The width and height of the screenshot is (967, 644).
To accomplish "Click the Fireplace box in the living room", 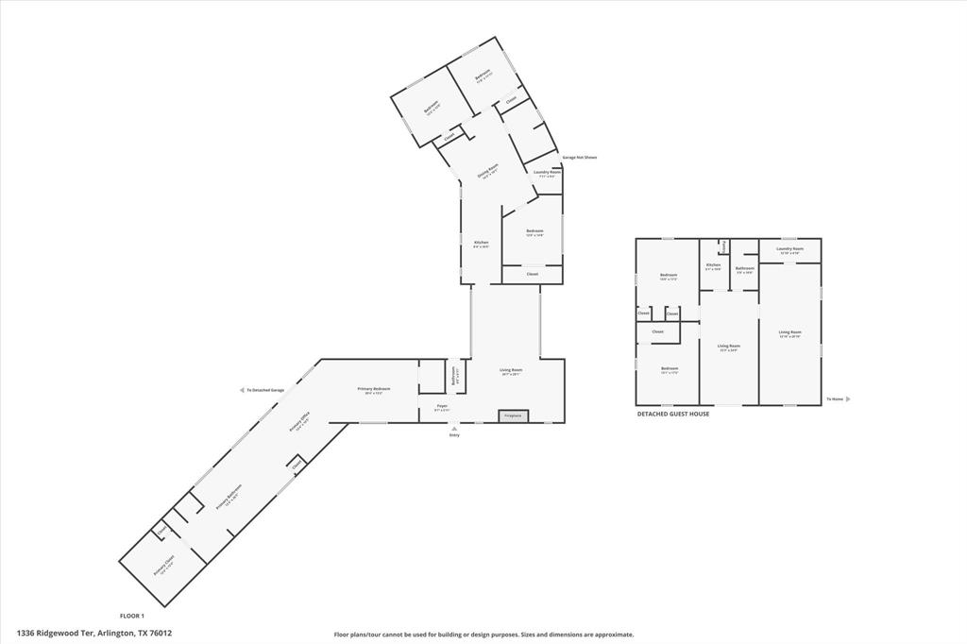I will point(513,415).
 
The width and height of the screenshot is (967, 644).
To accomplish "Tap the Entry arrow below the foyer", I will point(454,429).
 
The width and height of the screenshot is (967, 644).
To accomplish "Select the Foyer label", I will point(441,407).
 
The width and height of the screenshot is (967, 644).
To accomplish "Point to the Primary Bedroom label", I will point(374,389).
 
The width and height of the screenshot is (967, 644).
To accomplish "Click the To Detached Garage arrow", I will point(243,390).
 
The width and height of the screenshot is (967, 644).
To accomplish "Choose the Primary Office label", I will point(299,422).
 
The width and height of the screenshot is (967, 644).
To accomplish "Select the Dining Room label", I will point(487,171).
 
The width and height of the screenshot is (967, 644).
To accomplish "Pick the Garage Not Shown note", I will point(579,158).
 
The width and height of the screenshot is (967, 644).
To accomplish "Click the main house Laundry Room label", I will point(548,172).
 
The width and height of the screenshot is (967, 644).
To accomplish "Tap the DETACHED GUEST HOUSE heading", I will point(672,414).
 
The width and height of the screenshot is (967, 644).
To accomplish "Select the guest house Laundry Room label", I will point(789,249).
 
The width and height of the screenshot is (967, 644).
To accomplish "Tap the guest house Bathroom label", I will point(744,268).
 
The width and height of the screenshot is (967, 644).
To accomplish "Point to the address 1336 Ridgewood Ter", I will point(94,634).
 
